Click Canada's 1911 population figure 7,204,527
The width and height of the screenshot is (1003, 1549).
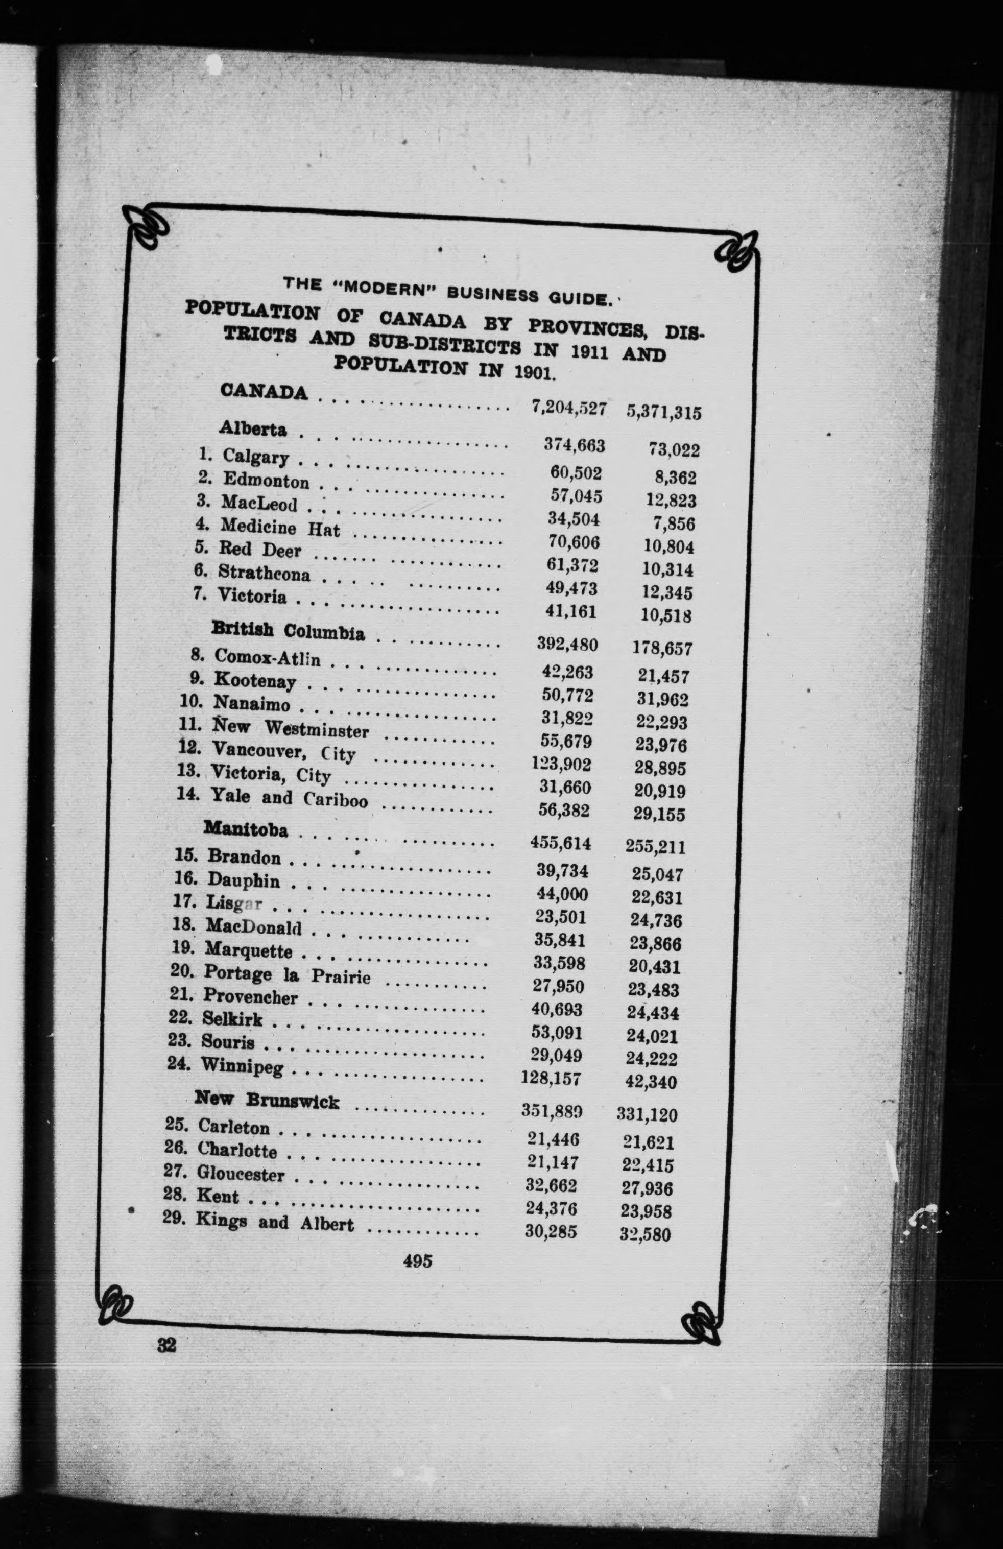(569, 408)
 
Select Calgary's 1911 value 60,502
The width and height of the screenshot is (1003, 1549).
(576, 473)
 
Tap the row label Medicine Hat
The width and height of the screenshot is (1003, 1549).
(280, 527)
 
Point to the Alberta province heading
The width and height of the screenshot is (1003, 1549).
(253, 429)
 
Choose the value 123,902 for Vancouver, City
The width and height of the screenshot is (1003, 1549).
(561, 764)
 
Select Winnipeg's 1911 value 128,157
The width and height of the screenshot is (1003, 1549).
(551, 1078)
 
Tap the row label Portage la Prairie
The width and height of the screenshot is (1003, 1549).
(286, 974)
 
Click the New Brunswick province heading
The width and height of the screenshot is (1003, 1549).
(267, 1101)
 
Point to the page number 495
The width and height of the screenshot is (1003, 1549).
(417, 1261)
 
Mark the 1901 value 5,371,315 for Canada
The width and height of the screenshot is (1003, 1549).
(663, 412)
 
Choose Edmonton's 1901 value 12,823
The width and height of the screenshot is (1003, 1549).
(671, 501)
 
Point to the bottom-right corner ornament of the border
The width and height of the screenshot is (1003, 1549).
(700, 1321)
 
